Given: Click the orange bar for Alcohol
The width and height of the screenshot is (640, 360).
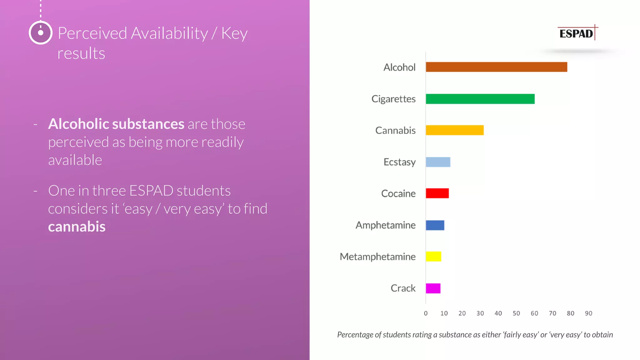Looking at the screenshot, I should pyautogui.click(x=496, y=67).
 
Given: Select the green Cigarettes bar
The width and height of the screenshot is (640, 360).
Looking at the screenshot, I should pyautogui.click(x=480, y=99).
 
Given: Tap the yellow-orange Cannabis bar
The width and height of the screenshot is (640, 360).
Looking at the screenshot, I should pyautogui.click(x=455, y=130).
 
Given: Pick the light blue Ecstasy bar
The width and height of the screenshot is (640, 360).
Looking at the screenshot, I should pyautogui.click(x=438, y=162).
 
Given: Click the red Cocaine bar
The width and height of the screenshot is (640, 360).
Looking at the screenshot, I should pyautogui.click(x=437, y=193).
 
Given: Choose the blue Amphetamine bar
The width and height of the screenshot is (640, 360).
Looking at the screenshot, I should pyautogui.click(x=435, y=225).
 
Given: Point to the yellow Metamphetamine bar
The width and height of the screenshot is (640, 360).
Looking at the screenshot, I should pyautogui.click(x=433, y=257).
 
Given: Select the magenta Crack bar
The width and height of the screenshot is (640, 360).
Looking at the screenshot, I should pyautogui.click(x=433, y=288).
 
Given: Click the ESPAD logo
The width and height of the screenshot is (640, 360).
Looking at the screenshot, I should pyautogui.click(x=577, y=33).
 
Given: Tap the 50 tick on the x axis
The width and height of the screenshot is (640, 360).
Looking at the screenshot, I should pyautogui.click(x=516, y=313).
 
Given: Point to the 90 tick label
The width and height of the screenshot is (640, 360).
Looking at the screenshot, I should pyautogui.click(x=588, y=313).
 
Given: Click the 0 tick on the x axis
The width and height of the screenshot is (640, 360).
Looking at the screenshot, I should pyautogui.click(x=426, y=313).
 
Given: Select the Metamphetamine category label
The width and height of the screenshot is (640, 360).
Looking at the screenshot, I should pyautogui.click(x=377, y=257).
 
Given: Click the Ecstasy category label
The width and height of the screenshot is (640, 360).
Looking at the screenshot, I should pyautogui.click(x=399, y=162).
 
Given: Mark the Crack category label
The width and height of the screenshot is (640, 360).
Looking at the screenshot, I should pyautogui.click(x=403, y=288).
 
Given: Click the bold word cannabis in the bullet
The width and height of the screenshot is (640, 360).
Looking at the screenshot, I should pyautogui.click(x=77, y=227).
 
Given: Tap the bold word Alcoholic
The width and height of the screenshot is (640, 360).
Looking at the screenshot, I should pyautogui.click(x=79, y=124).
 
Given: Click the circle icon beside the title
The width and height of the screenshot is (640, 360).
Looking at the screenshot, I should pyautogui.click(x=41, y=33).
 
